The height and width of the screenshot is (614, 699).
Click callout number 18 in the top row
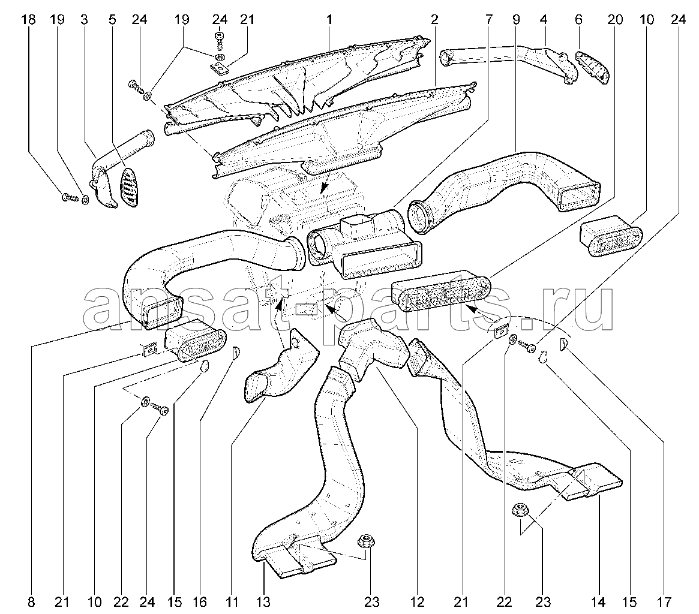tap(29, 20)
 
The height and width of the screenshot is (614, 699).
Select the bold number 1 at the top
tap(329, 20)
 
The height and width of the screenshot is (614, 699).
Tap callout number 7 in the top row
tap(489, 20)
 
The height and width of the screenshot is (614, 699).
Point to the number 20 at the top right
tap(615, 20)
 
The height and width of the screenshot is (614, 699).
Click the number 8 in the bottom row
tap(31, 603)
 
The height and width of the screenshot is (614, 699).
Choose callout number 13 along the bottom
tap(263, 603)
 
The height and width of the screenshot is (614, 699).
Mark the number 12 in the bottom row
tap(418, 603)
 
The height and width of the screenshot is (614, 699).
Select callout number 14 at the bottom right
tap(598, 603)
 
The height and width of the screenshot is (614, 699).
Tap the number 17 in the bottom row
tap(664, 603)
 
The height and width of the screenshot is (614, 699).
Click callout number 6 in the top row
tap(578, 20)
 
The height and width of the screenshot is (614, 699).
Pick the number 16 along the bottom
tap(200, 603)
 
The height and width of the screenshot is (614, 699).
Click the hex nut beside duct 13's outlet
tap(366, 542)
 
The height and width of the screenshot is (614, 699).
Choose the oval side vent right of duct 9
tap(611, 236)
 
